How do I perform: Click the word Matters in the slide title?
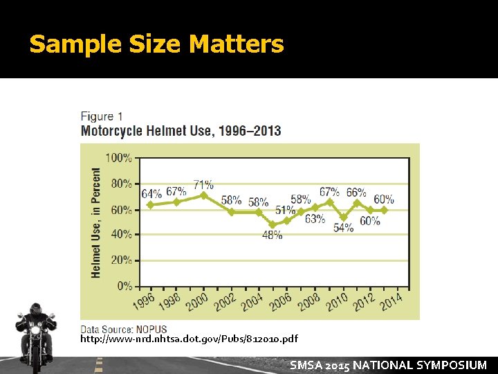click(236, 44)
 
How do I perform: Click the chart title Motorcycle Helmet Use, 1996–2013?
click(181, 131)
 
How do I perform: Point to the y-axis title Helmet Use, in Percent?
click(96, 222)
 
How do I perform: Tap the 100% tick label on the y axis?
click(118, 158)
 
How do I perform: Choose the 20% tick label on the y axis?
click(121, 260)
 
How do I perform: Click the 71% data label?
click(203, 185)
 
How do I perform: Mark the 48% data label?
click(272, 235)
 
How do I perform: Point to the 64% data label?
click(151, 193)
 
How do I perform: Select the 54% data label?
click(343, 228)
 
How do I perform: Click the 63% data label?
click(315, 219)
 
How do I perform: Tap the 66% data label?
click(356, 193)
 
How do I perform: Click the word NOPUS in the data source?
click(151, 329)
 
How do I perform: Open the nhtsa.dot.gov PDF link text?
click(190, 339)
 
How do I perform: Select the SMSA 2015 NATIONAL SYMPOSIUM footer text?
click(388, 365)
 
